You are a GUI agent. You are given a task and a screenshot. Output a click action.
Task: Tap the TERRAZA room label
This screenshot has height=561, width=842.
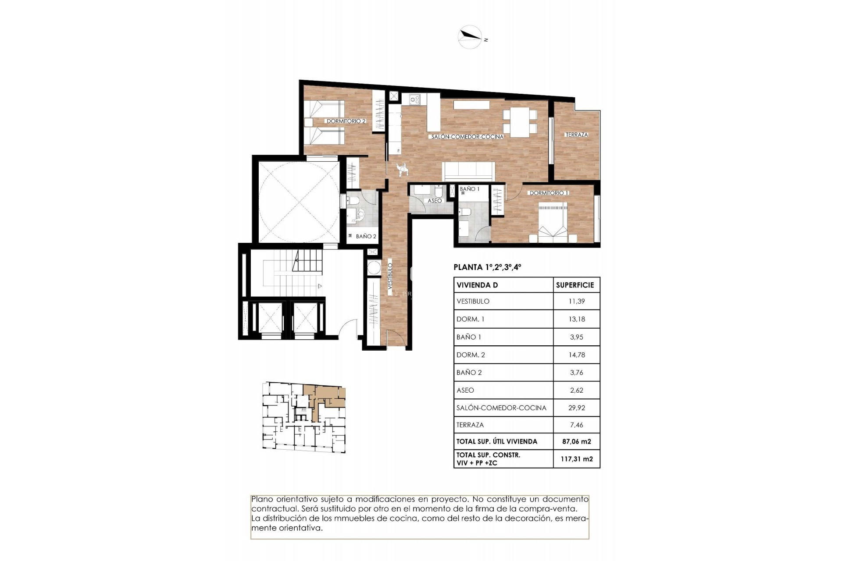(x=576, y=135)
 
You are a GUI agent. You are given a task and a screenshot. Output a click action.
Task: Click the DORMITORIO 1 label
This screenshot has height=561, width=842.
(x=549, y=193)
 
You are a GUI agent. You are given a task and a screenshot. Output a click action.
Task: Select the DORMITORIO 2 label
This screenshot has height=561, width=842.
(x=346, y=121)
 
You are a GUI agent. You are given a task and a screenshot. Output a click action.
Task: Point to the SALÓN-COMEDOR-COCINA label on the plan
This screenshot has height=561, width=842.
(x=467, y=137)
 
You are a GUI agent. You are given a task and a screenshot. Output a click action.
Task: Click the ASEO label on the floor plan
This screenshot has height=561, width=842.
(x=435, y=201)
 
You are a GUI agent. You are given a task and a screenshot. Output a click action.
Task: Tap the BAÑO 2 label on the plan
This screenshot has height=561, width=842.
(x=366, y=236)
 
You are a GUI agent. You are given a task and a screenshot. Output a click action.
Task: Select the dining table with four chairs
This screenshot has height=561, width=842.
(x=520, y=121)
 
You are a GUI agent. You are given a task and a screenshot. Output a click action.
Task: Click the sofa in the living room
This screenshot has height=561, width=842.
(x=469, y=171)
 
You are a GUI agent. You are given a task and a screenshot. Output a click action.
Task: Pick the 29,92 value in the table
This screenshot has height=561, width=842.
(x=577, y=408)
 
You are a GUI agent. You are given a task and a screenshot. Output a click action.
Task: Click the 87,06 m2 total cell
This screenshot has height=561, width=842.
(x=577, y=441)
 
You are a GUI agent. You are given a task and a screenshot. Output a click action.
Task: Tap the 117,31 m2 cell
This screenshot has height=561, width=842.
(x=577, y=459)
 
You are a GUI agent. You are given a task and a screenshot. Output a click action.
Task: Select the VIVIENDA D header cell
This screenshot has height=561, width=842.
(x=477, y=285)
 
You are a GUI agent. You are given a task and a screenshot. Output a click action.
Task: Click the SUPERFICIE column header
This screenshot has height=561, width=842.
(x=574, y=285)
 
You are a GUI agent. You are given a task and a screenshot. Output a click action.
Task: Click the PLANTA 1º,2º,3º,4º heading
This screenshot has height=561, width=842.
(x=487, y=267)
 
